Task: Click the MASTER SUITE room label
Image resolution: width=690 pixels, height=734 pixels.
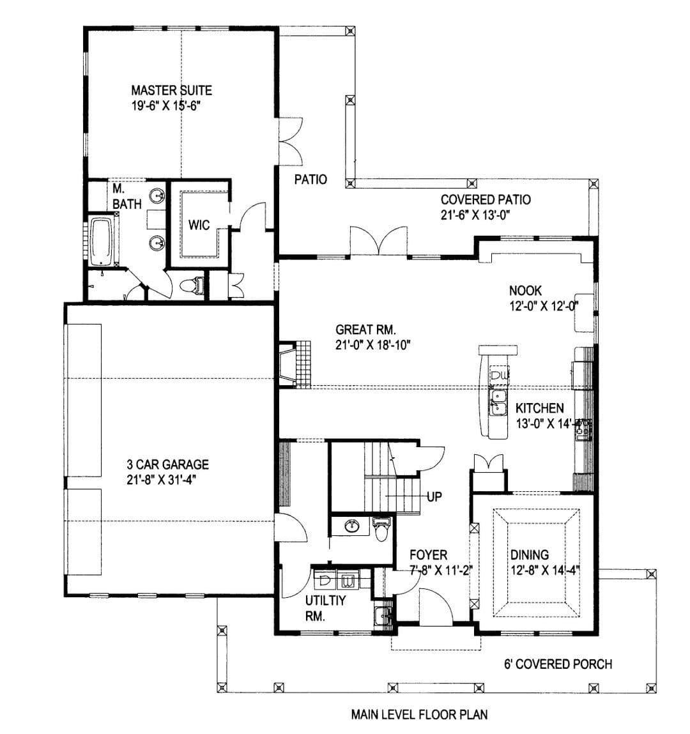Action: [x=171, y=90]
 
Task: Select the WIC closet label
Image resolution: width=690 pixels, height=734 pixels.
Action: [x=199, y=225]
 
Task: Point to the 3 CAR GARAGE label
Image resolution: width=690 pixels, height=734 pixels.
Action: [x=167, y=464]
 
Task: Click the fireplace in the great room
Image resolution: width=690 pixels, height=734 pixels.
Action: [x=288, y=363]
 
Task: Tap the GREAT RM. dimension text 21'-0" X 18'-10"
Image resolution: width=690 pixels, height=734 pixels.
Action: [x=372, y=345]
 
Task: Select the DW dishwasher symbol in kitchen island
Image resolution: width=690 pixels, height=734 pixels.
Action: [x=499, y=374]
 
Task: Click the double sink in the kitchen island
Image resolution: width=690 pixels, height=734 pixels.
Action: [x=498, y=402]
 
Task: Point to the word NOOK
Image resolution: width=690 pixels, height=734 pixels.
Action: [x=525, y=290]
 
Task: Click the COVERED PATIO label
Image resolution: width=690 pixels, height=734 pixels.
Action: [x=486, y=199]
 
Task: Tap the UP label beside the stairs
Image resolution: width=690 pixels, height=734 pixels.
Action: [x=434, y=496]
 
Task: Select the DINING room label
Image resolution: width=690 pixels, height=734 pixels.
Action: [x=530, y=554]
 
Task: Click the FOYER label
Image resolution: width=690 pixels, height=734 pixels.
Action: [x=428, y=554]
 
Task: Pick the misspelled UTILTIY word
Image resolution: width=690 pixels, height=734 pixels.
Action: [x=325, y=600]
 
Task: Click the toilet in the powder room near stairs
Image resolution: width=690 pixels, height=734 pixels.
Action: [x=381, y=529]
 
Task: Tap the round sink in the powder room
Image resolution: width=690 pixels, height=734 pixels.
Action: [x=352, y=526]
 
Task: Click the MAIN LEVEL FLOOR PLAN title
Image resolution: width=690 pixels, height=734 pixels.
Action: [x=419, y=714]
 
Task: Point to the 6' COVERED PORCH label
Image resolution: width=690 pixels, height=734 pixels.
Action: [x=558, y=664]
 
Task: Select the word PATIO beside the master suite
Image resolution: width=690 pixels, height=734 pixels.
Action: [x=310, y=179]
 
